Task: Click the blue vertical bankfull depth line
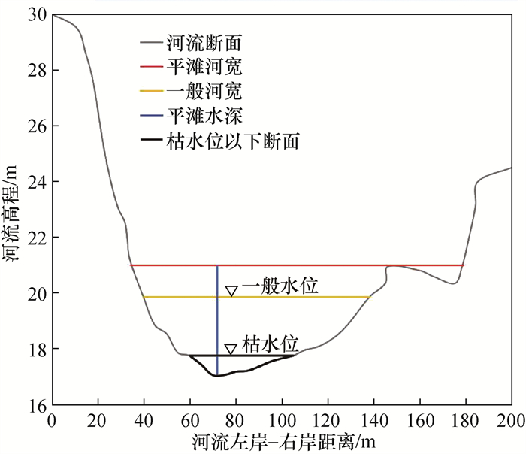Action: point(217,316)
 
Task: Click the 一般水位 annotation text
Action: point(280,286)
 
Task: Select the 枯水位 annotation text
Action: point(273,344)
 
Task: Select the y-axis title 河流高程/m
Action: point(13,210)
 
